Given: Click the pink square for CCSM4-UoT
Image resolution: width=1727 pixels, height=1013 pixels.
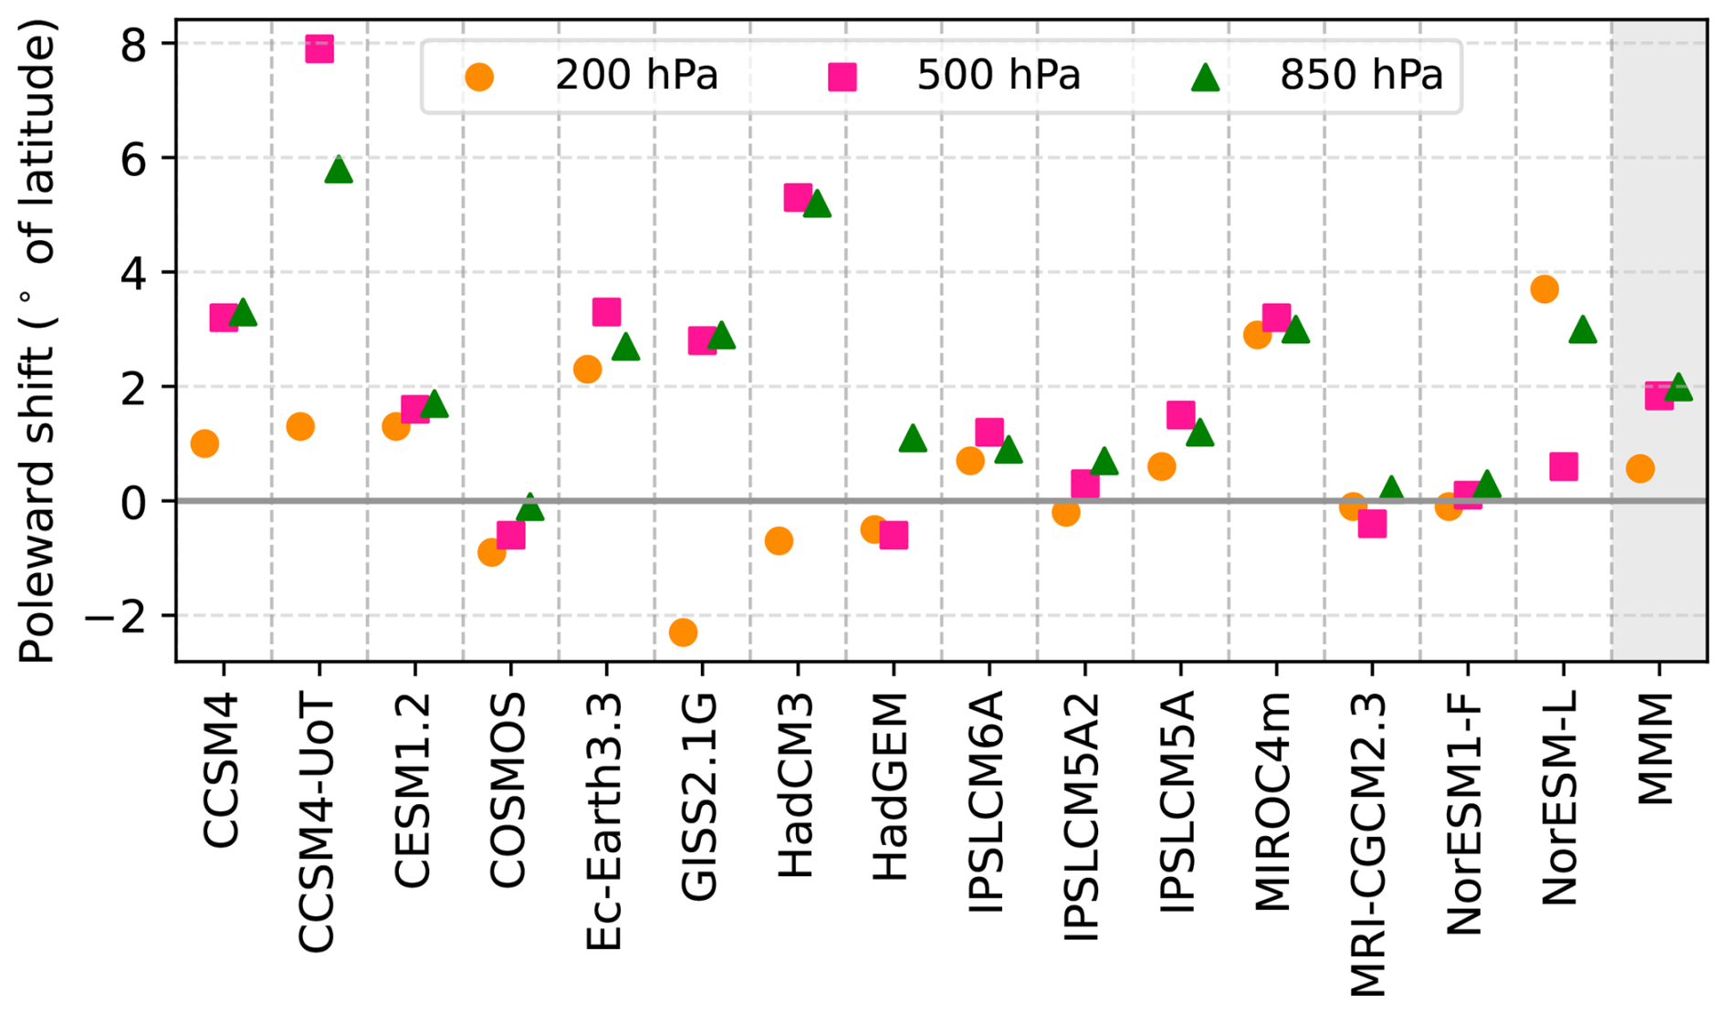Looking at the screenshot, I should click(319, 48).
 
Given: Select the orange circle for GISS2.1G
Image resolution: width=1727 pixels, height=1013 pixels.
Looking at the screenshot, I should click(683, 632).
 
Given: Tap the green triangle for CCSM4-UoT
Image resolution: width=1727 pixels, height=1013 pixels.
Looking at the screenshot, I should click(339, 170).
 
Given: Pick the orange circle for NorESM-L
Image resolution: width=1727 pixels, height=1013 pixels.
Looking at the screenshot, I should click(1544, 289).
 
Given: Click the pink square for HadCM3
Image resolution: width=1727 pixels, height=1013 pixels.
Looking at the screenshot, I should click(798, 197).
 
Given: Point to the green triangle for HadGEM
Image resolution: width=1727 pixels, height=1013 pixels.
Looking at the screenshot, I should click(913, 439).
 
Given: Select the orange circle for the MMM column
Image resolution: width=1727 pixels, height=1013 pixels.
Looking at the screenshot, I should click(1639, 469).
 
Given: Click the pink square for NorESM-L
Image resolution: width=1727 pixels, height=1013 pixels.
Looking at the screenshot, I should click(1564, 466).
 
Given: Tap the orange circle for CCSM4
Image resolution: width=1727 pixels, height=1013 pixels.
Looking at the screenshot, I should click(204, 444).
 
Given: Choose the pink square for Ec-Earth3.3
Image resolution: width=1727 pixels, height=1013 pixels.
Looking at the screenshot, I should click(606, 312).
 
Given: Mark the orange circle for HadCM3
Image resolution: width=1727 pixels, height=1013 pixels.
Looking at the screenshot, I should click(779, 541).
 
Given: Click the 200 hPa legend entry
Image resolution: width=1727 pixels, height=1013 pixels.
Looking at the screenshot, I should click(593, 76).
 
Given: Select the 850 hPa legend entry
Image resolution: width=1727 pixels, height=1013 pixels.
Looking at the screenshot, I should click(1319, 76).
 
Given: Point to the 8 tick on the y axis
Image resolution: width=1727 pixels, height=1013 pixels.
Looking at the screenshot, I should click(134, 44).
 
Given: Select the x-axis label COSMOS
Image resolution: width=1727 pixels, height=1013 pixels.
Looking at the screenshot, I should click(508, 790).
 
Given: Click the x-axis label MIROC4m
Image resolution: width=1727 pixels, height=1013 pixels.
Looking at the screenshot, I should click(1274, 802).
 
